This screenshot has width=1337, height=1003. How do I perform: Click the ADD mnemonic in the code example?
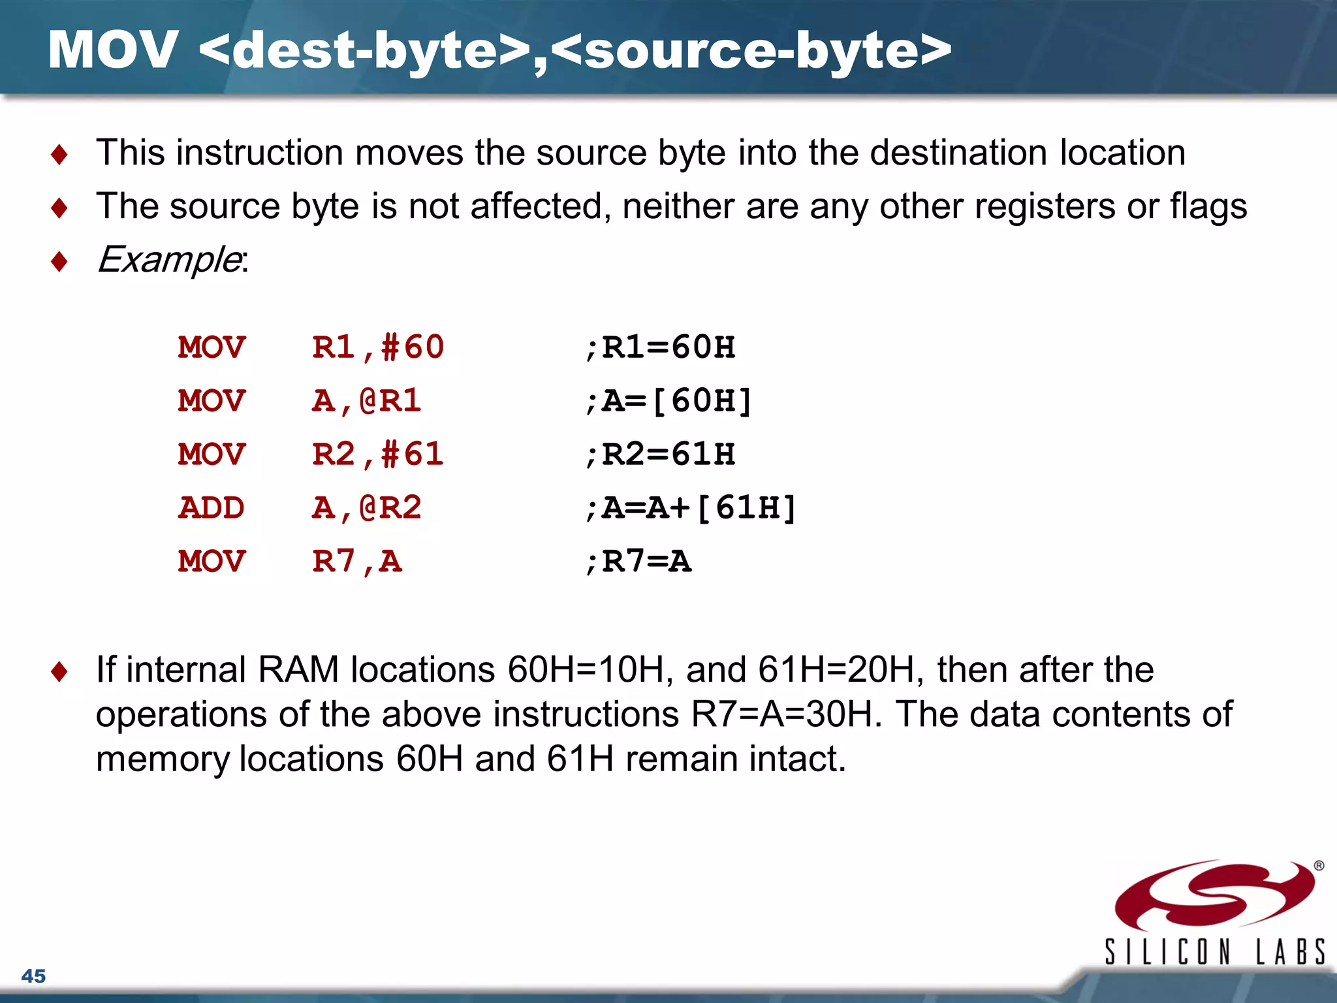tap(212, 508)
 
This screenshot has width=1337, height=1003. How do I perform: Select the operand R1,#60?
tap(378, 347)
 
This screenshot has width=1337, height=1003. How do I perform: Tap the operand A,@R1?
tap(366, 401)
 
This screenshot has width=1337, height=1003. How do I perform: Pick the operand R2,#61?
tap(378, 454)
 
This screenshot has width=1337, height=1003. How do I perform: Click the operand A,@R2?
tap(366, 508)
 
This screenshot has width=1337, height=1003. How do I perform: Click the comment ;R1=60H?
tap(660, 347)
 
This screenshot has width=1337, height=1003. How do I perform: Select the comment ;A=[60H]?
tap(668, 401)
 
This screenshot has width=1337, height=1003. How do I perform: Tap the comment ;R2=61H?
tap(660, 454)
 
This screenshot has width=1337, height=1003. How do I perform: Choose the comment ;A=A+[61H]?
tap(691, 508)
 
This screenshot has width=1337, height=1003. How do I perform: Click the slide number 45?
tap(33, 976)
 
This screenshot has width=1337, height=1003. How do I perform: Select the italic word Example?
tap(169, 260)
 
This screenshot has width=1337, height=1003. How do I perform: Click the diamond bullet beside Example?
tap(59, 262)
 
